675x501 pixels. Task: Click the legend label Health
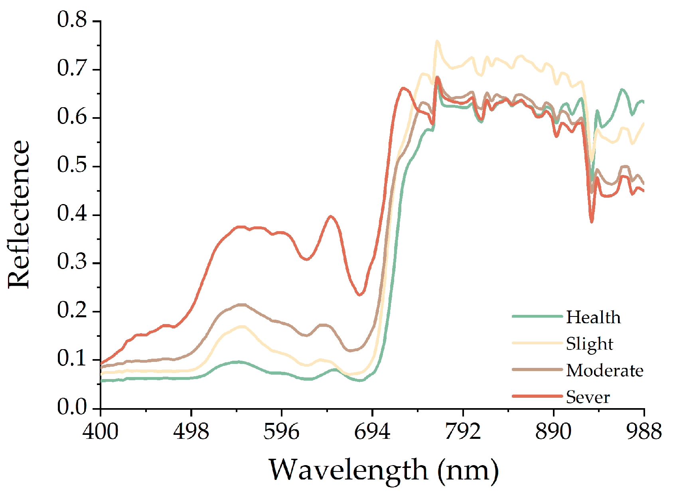(x=593, y=317)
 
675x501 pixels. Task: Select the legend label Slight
(x=589, y=344)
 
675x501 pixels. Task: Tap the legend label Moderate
(x=604, y=370)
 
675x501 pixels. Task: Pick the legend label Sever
(x=588, y=397)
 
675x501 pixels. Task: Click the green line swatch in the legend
(x=537, y=316)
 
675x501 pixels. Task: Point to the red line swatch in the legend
(x=537, y=396)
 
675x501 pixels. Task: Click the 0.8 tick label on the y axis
(x=72, y=20)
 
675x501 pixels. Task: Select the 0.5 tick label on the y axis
(x=72, y=165)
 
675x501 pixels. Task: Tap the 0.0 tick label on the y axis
(x=72, y=407)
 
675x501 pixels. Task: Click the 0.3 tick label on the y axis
(x=72, y=262)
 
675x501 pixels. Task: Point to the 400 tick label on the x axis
(x=101, y=431)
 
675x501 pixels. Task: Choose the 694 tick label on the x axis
(x=372, y=431)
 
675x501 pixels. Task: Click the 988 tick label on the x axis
(x=643, y=431)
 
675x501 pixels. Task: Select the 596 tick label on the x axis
(x=282, y=431)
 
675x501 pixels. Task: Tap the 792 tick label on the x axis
(x=463, y=431)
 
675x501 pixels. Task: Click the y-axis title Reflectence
(x=19, y=214)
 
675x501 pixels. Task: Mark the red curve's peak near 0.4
(x=331, y=216)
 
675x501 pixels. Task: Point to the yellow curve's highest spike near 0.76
(x=437, y=41)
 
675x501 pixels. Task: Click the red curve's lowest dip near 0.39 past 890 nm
(x=592, y=222)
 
